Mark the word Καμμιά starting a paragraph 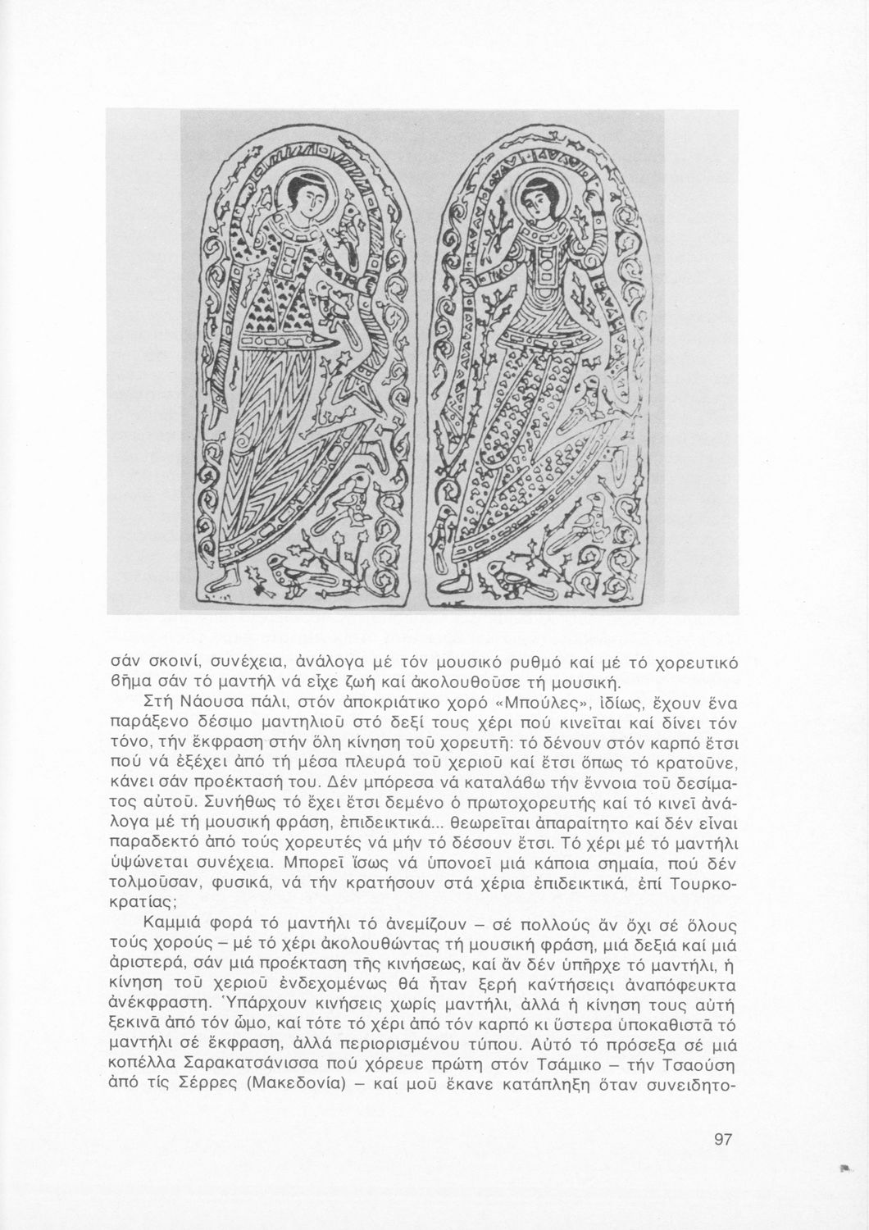pyautogui.click(x=175, y=925)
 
